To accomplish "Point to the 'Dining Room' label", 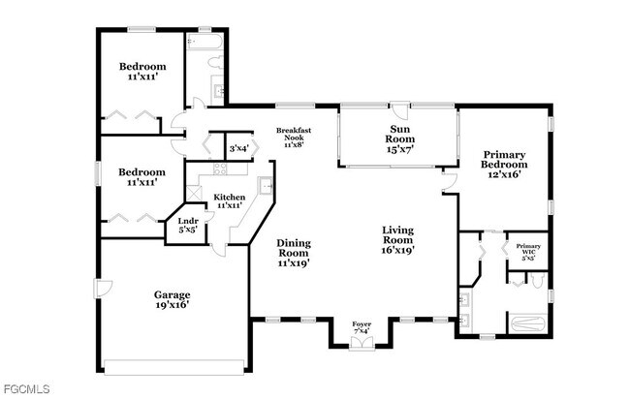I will [294, 243].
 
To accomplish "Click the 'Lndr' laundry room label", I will [188, 222].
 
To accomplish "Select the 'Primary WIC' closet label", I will [528, 247].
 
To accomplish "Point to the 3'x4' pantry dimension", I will [238, 148].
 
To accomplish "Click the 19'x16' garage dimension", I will [173, 304].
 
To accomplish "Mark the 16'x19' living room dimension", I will [397, 249].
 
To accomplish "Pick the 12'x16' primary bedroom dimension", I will [504, 175].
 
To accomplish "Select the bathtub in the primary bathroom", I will [527, 321].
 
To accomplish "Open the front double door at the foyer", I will [361, 344].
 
